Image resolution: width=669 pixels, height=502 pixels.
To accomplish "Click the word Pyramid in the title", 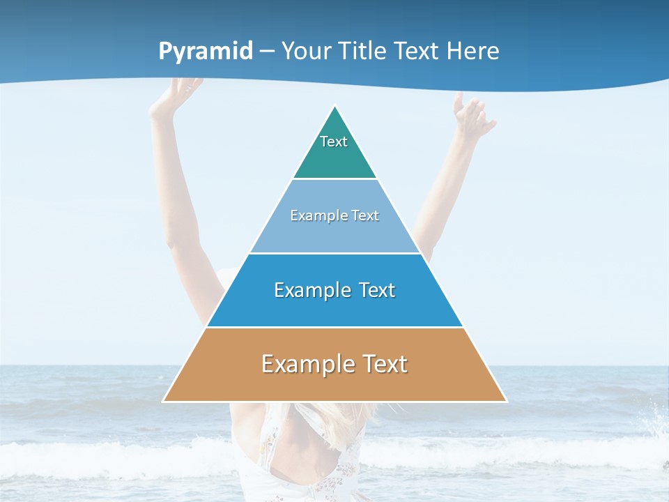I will (x=206, y=52).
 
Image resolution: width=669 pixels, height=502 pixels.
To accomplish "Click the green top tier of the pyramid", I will (x=334, y=157).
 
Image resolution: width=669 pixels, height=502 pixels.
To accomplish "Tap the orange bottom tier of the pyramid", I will (x=334, y=383).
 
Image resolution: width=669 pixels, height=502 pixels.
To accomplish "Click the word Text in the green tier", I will (x=334, y=142).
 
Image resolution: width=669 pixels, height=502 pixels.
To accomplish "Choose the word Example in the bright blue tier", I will (x=312, y=290).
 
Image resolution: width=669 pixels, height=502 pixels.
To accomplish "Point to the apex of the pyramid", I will (x=335, y=107).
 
